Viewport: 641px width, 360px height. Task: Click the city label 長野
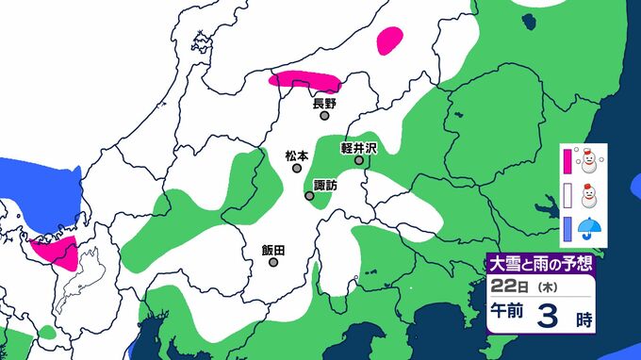[324, 104]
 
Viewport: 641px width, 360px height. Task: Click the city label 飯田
[273, 250]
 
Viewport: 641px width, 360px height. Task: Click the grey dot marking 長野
[324, 118]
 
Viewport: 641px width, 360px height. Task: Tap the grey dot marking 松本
[297, 169]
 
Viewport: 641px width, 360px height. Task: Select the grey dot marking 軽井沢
[359, 161]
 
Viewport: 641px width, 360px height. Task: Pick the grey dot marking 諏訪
[309, 196]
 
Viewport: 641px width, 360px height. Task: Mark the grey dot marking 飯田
[273, 263]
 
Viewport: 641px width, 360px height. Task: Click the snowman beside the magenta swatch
[590, 162]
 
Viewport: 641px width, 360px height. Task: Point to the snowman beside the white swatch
[590, 196]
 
